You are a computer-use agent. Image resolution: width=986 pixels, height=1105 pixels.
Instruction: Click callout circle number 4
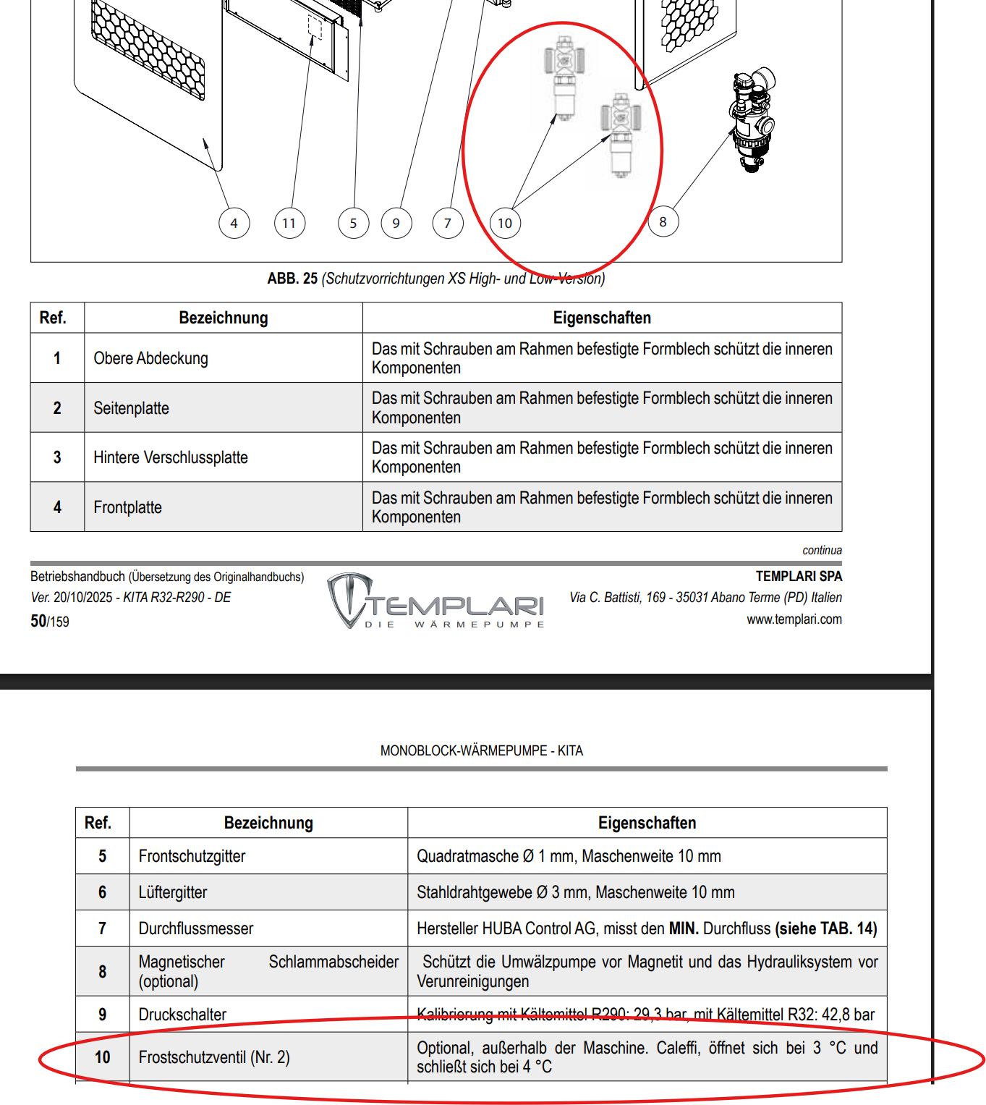pos(234,223)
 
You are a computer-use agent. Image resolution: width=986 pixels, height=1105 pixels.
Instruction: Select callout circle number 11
pos(289,223)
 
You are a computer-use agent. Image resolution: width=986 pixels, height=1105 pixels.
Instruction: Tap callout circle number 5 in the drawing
pos(354,223)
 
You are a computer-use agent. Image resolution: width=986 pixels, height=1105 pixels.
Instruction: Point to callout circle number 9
pos(396,223)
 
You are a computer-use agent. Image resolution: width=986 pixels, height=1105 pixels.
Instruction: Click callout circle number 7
pos(448,223)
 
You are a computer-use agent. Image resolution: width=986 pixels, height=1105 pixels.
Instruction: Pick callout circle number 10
pos(505,223)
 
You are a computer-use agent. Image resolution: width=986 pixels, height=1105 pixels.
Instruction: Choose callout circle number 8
pos(663,221)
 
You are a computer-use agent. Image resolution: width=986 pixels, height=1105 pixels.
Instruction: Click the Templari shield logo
pos(349,598)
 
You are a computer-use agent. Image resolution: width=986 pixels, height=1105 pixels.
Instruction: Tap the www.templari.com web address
pos(794,619)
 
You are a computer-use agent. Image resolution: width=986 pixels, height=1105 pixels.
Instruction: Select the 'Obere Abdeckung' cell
pos(151,358)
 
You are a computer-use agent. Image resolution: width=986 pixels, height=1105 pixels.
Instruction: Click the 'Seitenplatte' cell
pos(132,408)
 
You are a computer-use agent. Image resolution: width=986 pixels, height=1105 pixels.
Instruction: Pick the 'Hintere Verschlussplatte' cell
pos(171,457)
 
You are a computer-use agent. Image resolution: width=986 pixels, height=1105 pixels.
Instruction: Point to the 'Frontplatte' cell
pos(128,507)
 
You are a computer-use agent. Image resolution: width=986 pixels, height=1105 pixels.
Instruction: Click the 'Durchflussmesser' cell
pos(196,928)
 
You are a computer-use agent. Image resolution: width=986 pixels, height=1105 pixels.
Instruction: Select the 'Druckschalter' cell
pos(183,1015)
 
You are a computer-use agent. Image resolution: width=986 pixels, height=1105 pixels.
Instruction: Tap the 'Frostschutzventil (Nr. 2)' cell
pos(214,1057)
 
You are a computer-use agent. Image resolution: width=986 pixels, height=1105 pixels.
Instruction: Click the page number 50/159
pos(50,621)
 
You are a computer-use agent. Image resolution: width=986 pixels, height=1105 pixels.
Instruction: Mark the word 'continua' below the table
pos(822,550)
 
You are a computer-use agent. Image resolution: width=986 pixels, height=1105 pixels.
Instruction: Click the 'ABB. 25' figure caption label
pos(292,279)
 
